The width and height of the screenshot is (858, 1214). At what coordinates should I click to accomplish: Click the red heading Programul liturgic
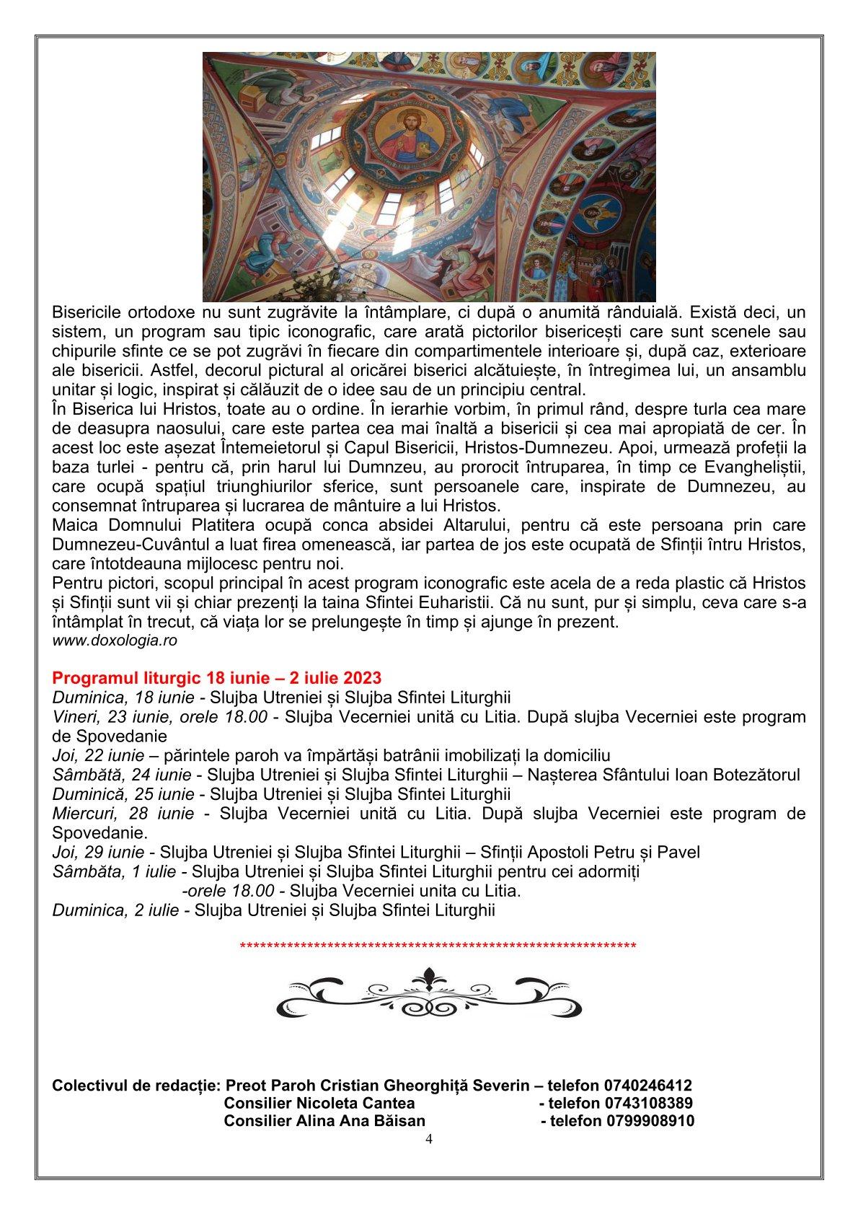click(216, 679)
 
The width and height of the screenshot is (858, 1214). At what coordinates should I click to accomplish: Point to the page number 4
click(429, 1139)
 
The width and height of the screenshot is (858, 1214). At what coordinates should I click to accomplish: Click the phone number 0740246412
click(648, 1086)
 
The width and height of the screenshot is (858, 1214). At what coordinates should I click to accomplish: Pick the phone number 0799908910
click(648, 1121)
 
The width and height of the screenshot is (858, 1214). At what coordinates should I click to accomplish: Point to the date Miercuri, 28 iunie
click(123, 814)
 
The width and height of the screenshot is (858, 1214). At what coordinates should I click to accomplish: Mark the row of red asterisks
click(437, 946)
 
